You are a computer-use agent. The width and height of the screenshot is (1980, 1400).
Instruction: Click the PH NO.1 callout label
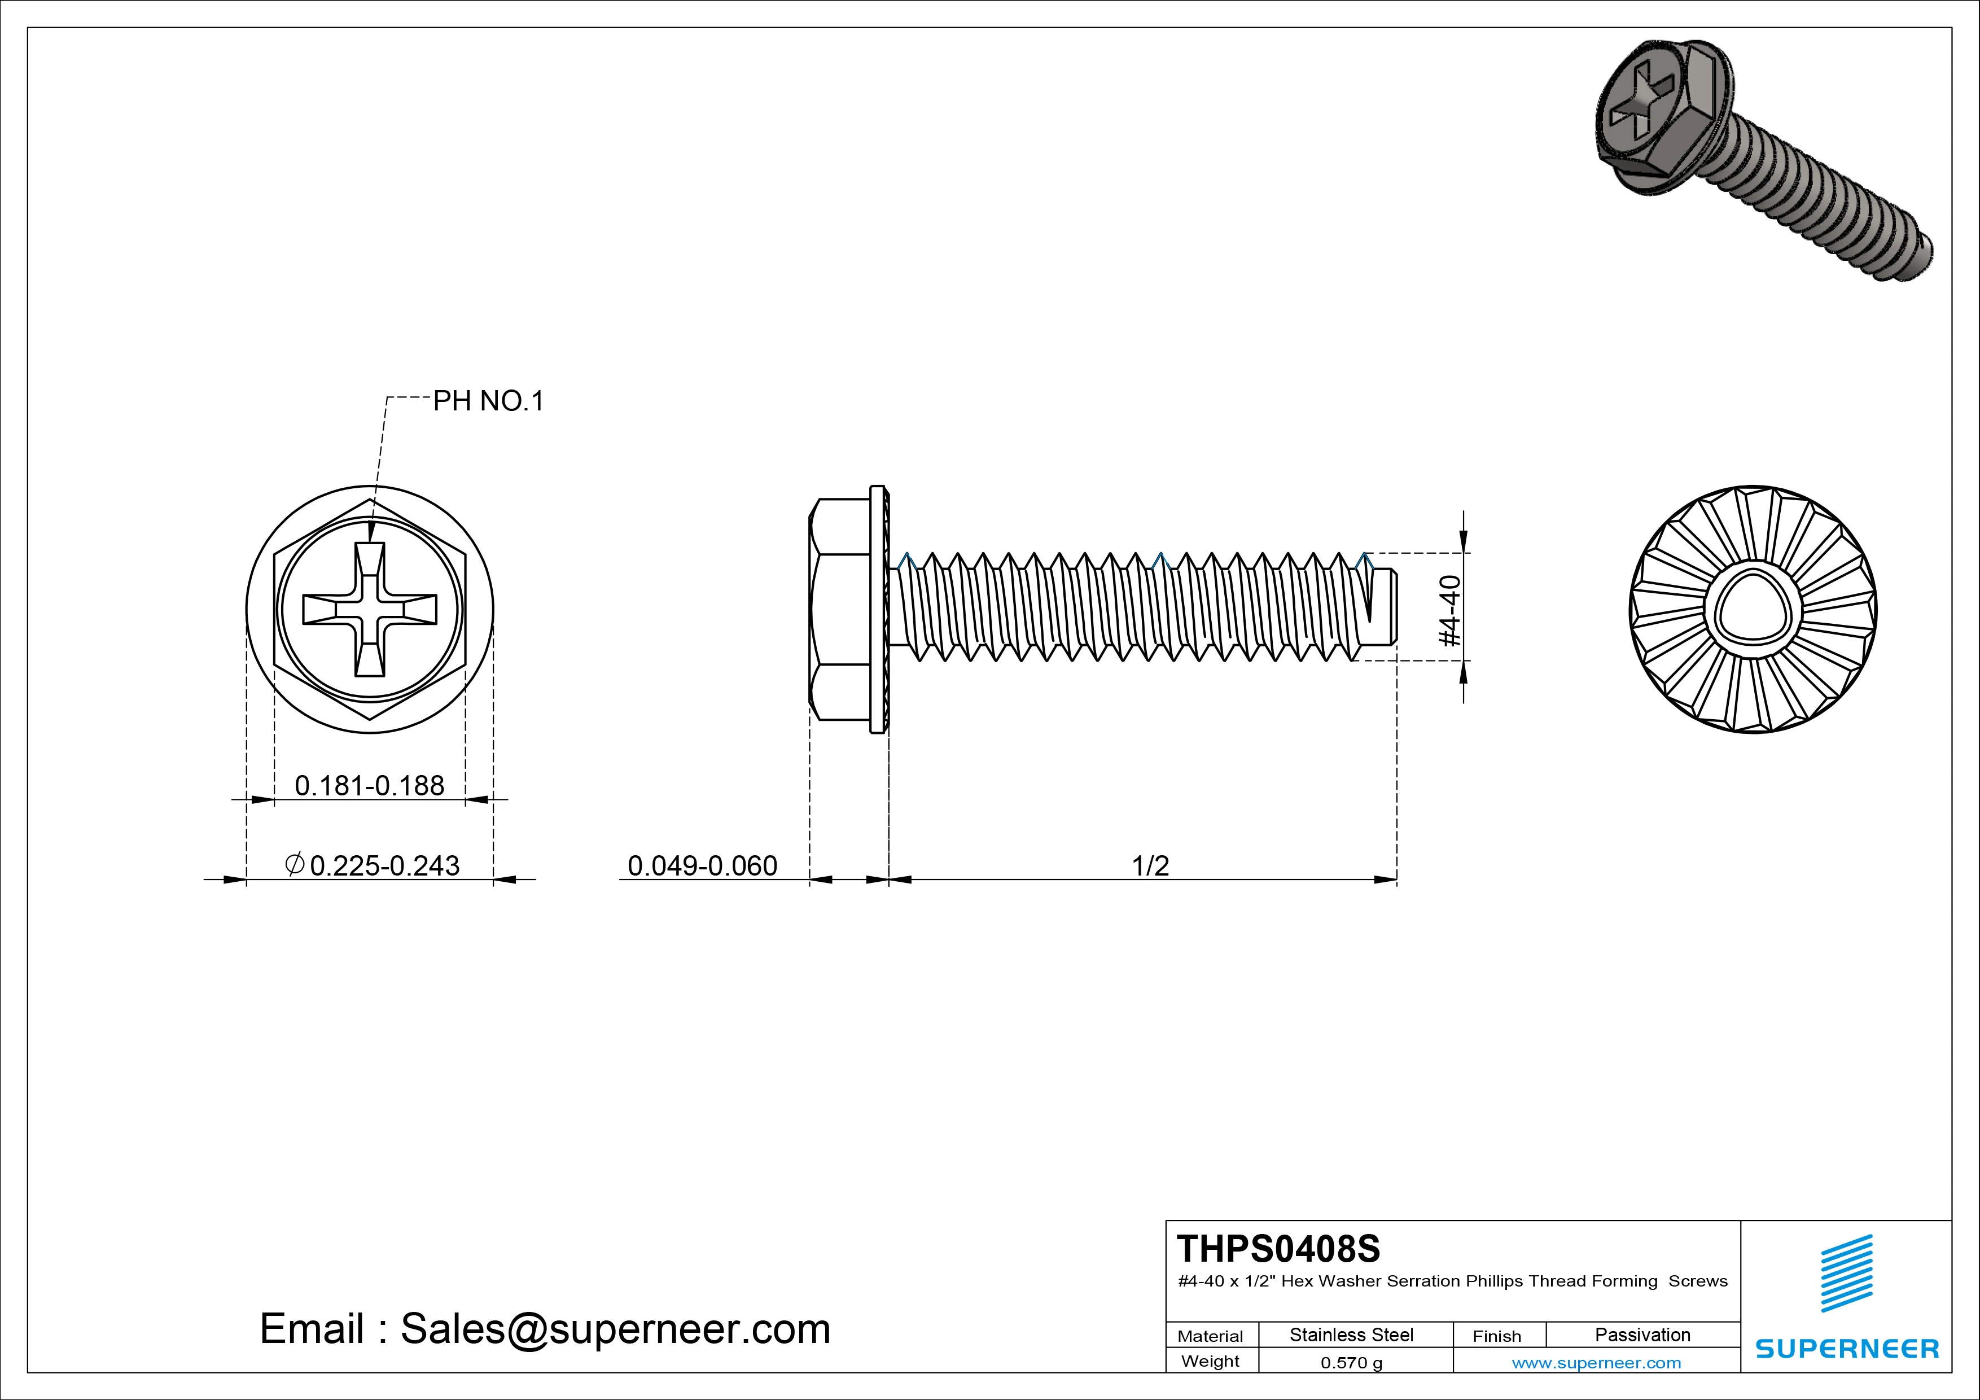click(488, 401)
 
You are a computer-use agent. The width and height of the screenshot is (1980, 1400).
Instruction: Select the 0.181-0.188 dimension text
click(369, 786)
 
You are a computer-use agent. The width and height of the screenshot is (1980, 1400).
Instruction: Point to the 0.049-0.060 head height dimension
click(702, 865)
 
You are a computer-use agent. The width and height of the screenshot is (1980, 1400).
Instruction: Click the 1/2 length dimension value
click(1150, 865)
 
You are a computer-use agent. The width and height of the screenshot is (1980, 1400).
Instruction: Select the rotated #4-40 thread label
click(1451, 611)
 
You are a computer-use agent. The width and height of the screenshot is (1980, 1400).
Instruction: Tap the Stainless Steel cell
click(1351, 1335)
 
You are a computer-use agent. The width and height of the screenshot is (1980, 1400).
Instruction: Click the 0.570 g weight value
click(1351, 1363)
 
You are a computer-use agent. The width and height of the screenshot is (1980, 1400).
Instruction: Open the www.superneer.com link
click(1596, 1363)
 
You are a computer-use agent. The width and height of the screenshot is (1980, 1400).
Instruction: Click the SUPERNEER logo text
click(1847, 1348)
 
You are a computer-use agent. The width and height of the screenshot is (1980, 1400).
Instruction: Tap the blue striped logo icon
click(1846, 1273)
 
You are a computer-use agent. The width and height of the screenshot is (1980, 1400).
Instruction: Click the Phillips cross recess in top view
click(370, 609)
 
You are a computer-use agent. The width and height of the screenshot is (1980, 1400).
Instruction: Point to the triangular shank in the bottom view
click(1753, 611)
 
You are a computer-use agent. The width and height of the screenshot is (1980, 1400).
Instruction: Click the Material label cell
click(1210, 1336)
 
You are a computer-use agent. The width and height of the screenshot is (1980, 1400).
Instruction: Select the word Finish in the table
click(1496, 1336)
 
